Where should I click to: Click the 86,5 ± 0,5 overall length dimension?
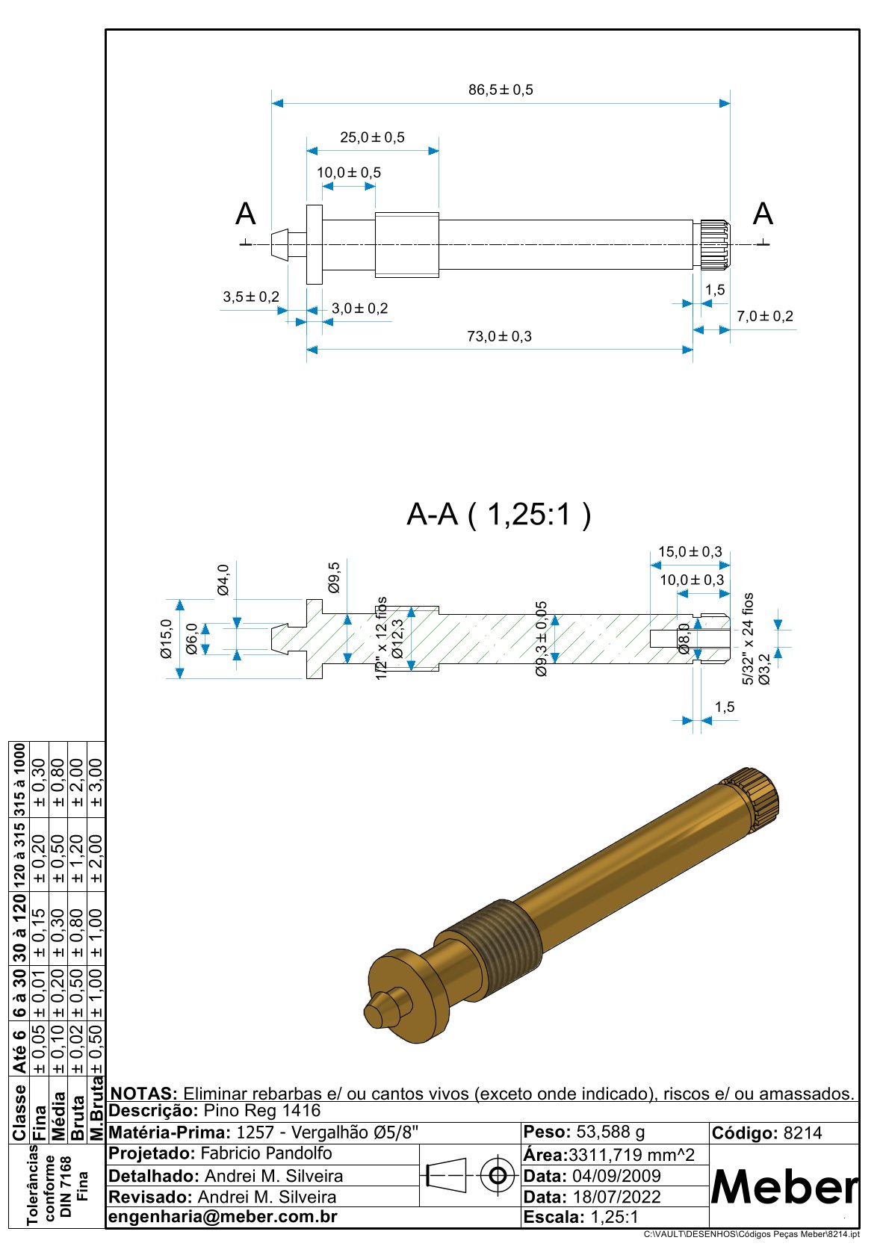[501, 90]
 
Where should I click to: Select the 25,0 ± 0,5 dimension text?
[372, 137]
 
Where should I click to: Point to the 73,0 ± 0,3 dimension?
[499, 337]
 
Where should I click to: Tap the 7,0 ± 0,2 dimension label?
[765, 317]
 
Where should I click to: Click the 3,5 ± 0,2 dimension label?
[251, 297]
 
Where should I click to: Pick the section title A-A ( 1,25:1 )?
[498, 515]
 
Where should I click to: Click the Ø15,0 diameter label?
[166, 639]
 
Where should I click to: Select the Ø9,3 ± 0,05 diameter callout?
[542, 639]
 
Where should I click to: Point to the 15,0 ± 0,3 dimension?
[690, 552]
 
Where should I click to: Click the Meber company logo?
[784, 1187]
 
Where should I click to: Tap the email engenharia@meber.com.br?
[223, 1217]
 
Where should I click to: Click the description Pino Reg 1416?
[261, 1112]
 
